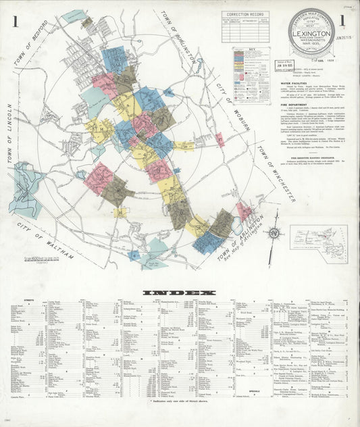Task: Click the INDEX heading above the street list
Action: (x=180, y=293)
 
